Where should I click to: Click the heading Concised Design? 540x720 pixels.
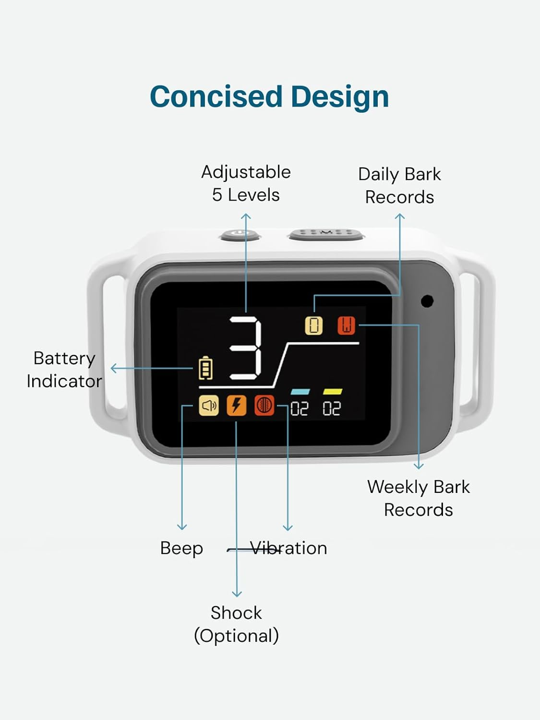coord(269,96)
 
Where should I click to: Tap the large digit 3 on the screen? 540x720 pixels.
coord(246,348)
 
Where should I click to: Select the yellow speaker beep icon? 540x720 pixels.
coord(209,406)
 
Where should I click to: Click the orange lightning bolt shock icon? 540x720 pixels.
coord(236,406)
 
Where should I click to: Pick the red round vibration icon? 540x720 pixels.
coord(264,406)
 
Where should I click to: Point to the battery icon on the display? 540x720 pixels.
coord(205,368)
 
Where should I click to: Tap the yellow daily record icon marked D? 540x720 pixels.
coord(314,325)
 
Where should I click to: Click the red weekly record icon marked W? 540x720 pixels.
coord(346,325)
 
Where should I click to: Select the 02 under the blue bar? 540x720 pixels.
coord(300,409)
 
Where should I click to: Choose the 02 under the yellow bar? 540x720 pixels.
coord(332,409)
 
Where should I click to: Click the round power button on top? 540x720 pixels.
coord(240,235)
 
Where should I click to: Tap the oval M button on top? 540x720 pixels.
coord(326,234)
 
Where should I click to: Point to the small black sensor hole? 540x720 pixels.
coord(427,301)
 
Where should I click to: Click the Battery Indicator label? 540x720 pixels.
coord(64,370)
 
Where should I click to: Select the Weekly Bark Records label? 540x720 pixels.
coord(418,498)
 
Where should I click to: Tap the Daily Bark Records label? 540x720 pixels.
coord(399,186)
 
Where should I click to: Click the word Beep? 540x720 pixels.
coord(181,548)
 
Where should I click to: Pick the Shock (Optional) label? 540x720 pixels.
coord(236,624)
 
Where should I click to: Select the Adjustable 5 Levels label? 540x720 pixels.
coord(246,183)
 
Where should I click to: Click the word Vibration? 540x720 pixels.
coord(289,548)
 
